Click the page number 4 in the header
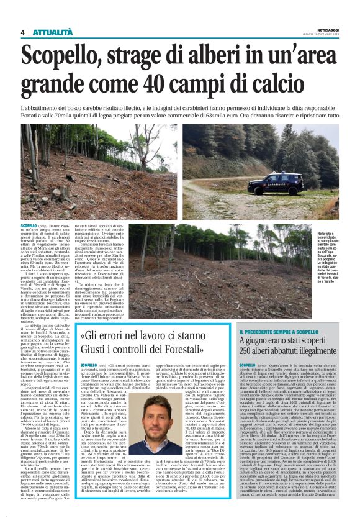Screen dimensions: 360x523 click(x=22, y=32)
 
